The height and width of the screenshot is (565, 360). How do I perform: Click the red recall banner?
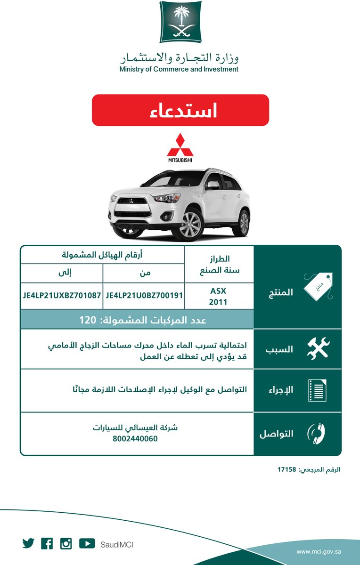180,110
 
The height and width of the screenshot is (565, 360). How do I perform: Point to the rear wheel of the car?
243,222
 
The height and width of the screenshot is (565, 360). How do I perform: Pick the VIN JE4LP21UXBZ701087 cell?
62,296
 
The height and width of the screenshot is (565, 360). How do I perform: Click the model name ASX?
218,291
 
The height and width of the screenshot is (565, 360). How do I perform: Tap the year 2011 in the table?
218,302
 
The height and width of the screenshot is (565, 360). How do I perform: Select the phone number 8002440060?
135,438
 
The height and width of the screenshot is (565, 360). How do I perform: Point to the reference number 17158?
286,469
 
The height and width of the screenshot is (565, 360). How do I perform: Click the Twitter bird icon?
28,543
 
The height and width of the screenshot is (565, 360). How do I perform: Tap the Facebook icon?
47,543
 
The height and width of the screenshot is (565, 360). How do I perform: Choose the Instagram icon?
66,543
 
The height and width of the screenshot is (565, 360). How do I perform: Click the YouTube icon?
87,543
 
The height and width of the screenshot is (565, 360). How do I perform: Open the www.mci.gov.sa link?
319,551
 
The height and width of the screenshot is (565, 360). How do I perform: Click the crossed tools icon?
318,349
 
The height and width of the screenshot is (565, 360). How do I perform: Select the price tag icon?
318,286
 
